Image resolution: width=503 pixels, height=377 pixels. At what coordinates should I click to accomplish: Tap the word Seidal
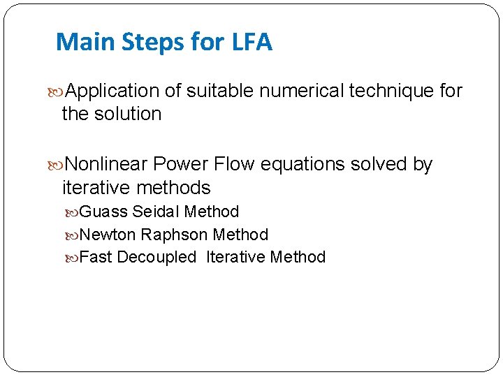coord(156,212)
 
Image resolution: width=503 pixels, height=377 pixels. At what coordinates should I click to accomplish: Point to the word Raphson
coord(175,235)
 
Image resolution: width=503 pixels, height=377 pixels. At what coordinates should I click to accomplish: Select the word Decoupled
coord(157,258)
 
